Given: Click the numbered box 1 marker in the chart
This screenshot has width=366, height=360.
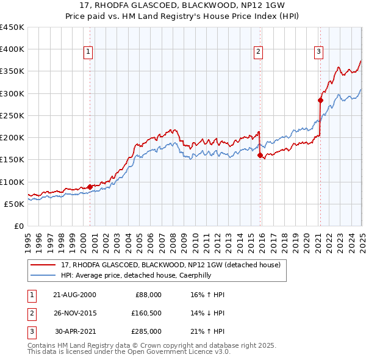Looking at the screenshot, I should pos(88,52).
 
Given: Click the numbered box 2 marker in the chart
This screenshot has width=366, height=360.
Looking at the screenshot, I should pos(259,52).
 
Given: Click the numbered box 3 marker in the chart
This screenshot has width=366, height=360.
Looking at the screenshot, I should pos(318,52).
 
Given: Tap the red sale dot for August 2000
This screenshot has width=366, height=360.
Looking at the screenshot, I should pos(90,187).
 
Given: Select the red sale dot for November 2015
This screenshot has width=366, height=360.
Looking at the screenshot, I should pos(260,155).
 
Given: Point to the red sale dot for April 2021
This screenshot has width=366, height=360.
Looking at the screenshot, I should pos(320,100).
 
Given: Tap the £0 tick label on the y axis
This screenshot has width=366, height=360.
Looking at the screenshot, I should pos(19,226).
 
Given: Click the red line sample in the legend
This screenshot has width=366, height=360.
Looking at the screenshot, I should pos(43,265).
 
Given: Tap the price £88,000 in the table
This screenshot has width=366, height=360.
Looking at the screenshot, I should pos(148,295).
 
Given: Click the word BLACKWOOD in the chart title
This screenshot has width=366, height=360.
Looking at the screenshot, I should pos(183,6).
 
